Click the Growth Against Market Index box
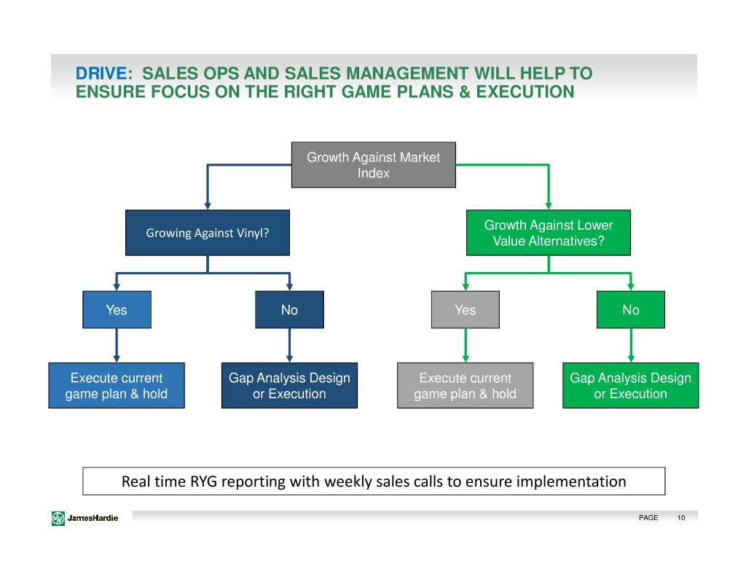point(373,165)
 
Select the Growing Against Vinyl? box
point(207,233)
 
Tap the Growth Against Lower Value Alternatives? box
point(548,233)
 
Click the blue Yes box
point(117,310)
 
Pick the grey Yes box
point(465,310)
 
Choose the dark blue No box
point(289,310)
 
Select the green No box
point(630,310)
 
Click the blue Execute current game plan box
point(117,385)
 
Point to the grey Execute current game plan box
point(465,385)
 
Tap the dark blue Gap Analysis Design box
point(289,385)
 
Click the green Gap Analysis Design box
point(630,385)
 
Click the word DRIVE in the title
point(101,74)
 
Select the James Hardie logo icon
point(58,518)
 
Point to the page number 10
point(680,518)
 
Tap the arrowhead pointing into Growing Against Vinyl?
point(207,205)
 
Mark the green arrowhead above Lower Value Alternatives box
point(548,205)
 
